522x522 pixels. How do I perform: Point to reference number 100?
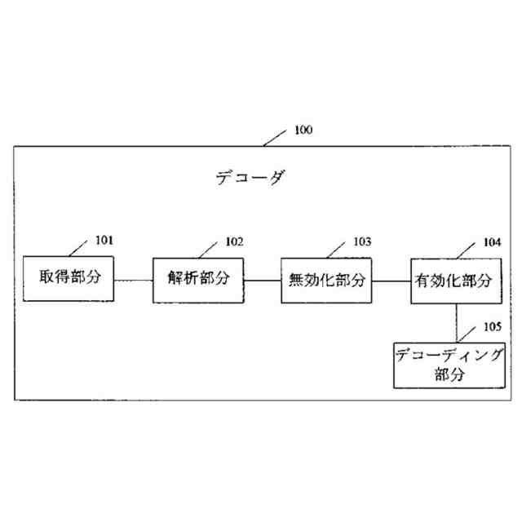pos(303,130)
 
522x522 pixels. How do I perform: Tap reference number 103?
pos(361,241)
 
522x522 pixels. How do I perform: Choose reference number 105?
pos(492,326)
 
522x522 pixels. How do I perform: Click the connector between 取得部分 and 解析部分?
pos(133,280)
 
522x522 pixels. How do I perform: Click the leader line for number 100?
pos(276,137)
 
